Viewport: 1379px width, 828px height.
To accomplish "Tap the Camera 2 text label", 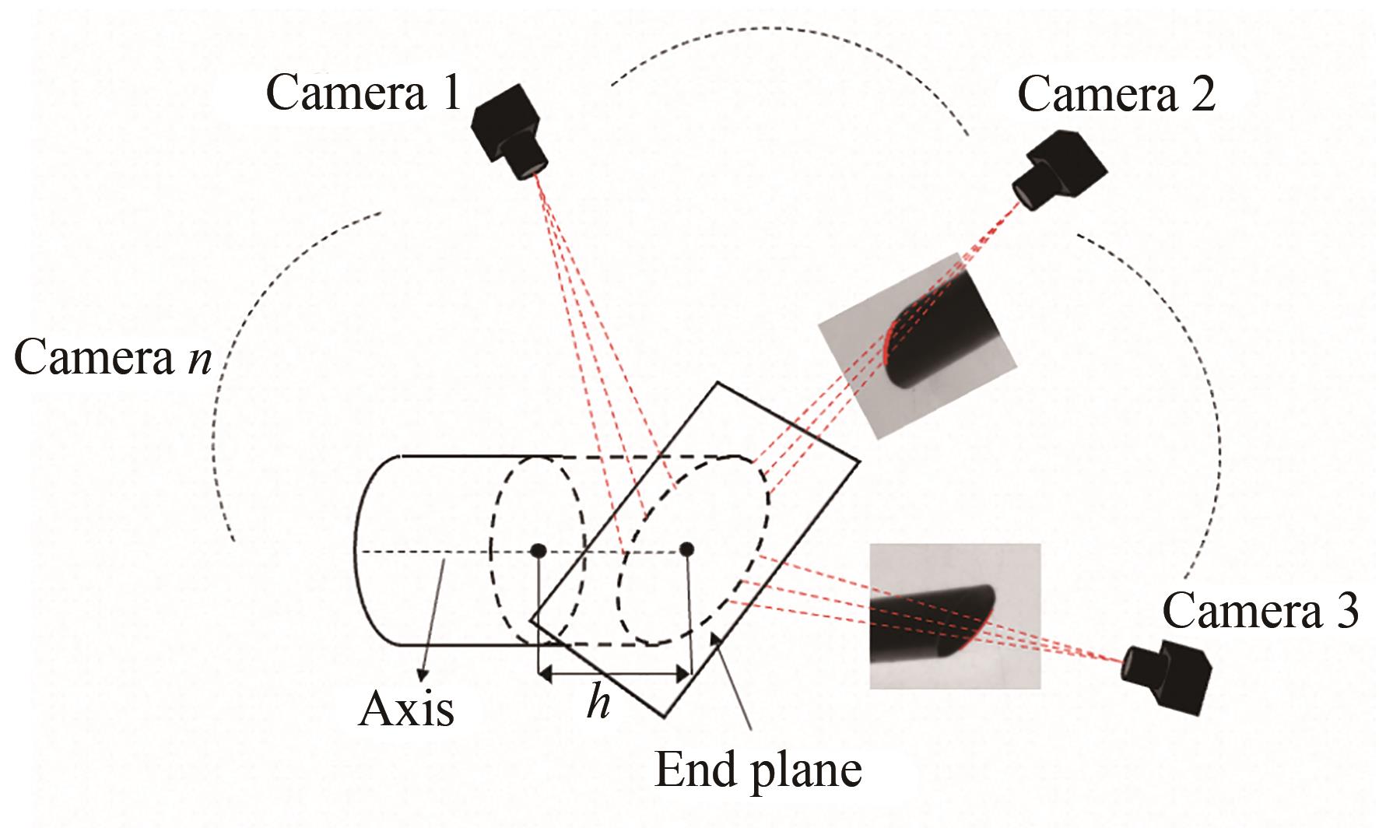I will click(x=1116, y=96).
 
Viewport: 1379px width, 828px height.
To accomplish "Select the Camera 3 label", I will click(x=1260, y=610).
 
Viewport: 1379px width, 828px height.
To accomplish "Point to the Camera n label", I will click(x=114, y=359).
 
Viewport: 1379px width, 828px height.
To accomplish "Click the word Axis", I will click(x=406, y=709).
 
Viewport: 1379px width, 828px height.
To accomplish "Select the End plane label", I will click(x=758, y=770).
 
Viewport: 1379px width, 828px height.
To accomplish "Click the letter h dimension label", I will click(x=598, y=703).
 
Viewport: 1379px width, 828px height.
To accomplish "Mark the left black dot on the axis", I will click(x=538, y=551).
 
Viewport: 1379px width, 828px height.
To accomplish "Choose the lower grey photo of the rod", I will click(x=954, y=616).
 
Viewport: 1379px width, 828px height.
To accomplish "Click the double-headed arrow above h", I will click(x=614, y=674).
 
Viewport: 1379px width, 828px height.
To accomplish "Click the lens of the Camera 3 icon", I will click(x=1129, y=666).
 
